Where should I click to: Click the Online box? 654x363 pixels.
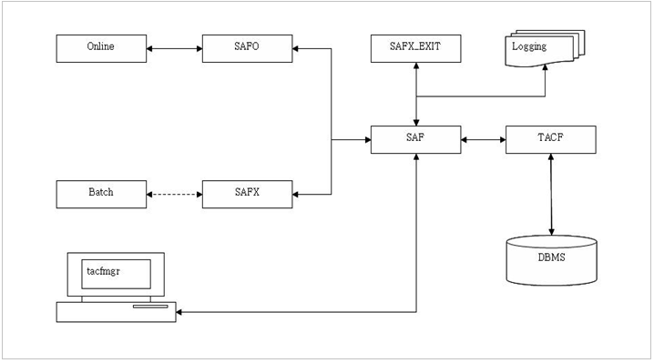point(100,47)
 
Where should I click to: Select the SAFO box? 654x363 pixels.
point(246,47)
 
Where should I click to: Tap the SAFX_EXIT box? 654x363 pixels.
point(414,47)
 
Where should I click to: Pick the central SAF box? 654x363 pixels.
point(415,140)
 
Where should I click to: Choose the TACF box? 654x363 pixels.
point(551,140)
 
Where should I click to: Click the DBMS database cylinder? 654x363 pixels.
point(551,259)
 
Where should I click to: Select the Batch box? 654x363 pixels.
point(100,194)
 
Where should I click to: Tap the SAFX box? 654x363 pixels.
point(246,194)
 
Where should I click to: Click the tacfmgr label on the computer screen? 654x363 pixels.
point(102,272)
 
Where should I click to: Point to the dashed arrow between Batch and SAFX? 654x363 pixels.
point(173,194)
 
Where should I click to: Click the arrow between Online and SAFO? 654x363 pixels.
point(173,47)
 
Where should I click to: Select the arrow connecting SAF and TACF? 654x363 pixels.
point(484,140)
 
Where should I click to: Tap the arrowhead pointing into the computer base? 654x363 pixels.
point(180,313)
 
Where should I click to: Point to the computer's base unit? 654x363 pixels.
point(116,312)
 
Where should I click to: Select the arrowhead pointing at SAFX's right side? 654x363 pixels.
point(297,194)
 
